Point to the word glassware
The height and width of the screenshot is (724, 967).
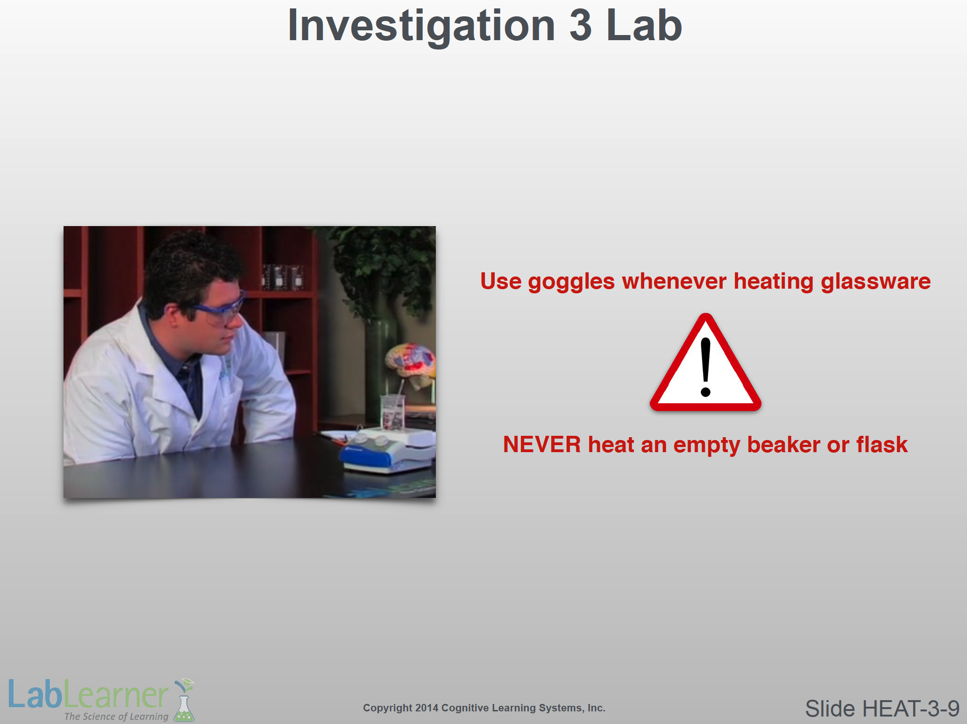[x=875, y=282]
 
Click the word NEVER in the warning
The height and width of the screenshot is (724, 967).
[x=542, y=444]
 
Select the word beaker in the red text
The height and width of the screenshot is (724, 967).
[x=783, y=444]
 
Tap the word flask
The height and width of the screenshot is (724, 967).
[x=882, y=444]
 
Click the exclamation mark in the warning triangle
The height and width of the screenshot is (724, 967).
[x=706, y=367]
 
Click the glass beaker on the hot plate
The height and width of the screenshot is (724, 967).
[x=392, y=412]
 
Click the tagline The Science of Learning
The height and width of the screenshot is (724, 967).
[x=116, y=716]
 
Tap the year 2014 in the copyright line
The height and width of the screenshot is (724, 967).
[x=426, y=708]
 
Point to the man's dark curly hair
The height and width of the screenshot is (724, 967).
[x=192, y=266]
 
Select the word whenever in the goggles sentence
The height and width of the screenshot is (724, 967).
[x=674, y=282]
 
